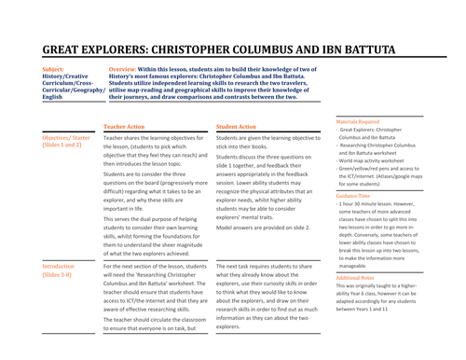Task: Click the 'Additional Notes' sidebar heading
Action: pos(356,277)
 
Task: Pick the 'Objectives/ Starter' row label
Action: pos(66,137)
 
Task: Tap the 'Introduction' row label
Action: pos(59,267)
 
